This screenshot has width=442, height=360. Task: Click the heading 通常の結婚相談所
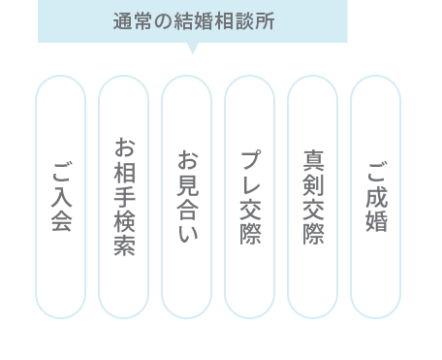pos(192,21)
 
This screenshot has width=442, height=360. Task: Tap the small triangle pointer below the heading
pos(192,48)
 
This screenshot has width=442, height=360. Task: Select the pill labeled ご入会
pos(61,197)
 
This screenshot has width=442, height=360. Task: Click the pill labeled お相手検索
pos(124,197)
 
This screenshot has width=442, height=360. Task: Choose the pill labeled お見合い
pos(187,197)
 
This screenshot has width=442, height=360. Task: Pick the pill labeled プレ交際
pos(250,197)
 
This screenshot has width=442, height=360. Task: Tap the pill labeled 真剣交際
pos(313,197)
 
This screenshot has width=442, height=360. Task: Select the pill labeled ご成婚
pos(376,197)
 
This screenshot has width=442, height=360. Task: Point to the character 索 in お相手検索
pos(124,245)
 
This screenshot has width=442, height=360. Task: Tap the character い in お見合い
pos(187,233)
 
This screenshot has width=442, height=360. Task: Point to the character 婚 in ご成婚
pos(376,221)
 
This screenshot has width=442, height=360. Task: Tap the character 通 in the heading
pos(120,21)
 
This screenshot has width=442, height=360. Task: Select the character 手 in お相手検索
pos(124,197)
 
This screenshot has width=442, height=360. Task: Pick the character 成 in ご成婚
pos(376,197)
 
